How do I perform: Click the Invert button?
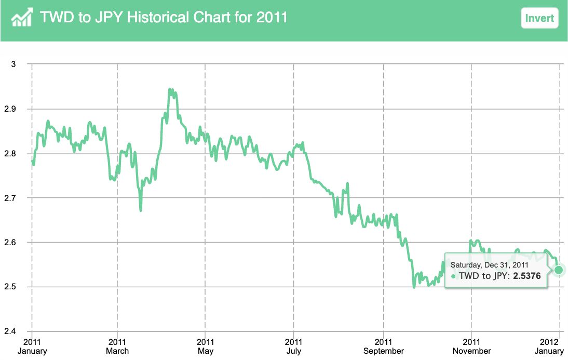tap(539, 18)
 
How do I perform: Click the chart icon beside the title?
tap(22, 18)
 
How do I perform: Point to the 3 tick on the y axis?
tap(13, 64)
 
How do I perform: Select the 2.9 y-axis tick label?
tap(11, 109)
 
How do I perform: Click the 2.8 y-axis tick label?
tap(11, 154)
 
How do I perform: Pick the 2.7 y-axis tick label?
tap(11, 198)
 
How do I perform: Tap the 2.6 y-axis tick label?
tap(11, 243)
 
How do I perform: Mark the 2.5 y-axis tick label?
tap(11, 287)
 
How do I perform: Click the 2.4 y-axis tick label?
tap(11, 331)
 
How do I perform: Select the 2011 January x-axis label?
tap(32, 346)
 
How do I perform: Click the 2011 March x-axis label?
tap(117, 346)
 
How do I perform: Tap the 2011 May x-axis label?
tap(206, 346)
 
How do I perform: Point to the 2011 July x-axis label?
tap(294, 346)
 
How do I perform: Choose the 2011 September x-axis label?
tap(383, 346)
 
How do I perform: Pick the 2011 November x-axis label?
tap(471, 346)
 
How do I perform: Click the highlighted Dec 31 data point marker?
tap(559, 270)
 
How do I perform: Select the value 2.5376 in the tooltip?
tap(527, 276)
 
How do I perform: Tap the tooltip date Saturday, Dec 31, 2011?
tap(489, 265)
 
